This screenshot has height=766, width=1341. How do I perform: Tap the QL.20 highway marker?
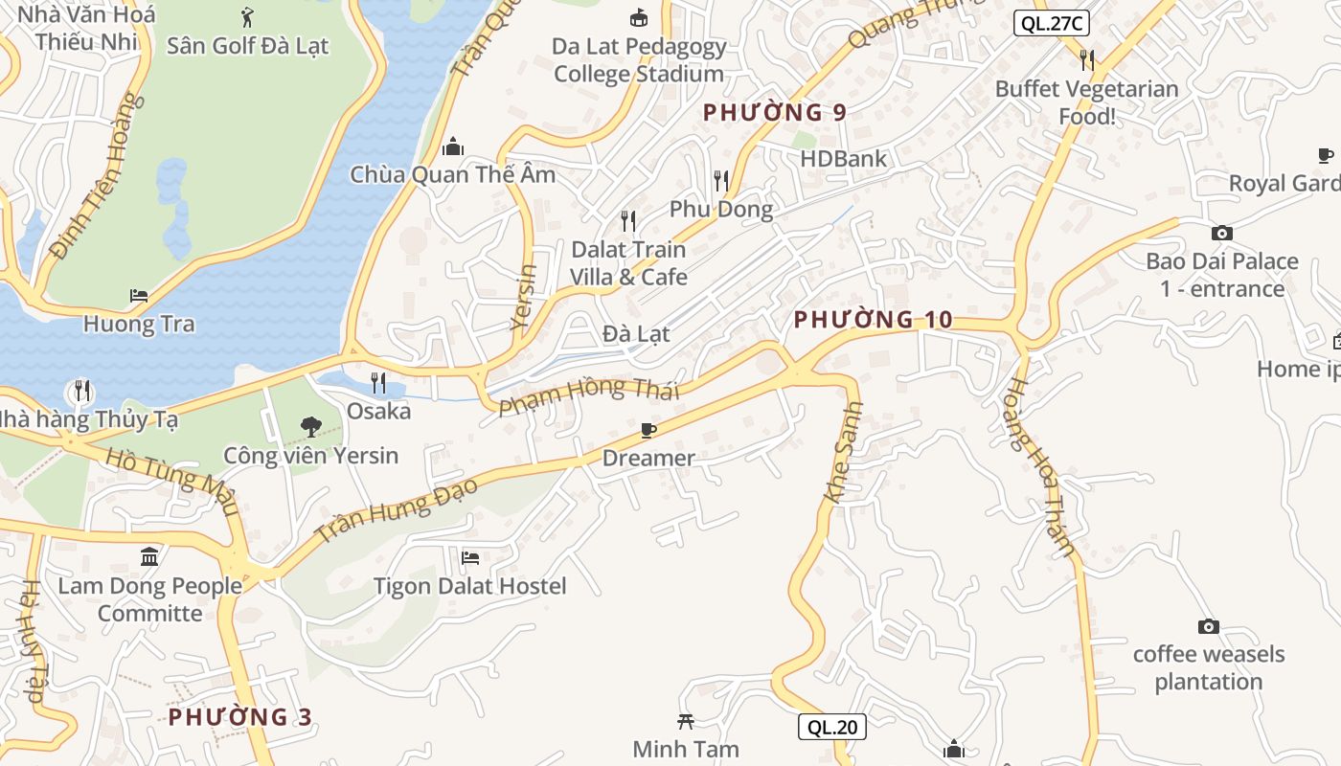[832, 727]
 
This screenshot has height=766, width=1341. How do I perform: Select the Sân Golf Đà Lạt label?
[247, 45]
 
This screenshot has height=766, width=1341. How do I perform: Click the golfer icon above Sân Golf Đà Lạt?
[247, 16]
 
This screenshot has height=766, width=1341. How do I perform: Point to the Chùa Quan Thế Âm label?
[452, 174]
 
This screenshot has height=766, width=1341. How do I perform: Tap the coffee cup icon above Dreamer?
[648, 431]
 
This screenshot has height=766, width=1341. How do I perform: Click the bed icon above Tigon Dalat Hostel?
[470, 557]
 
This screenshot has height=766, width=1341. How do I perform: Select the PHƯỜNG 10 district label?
[874, 320]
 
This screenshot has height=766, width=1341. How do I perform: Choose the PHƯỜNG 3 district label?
[240, 716]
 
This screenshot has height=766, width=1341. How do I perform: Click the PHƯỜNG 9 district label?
[775, 112]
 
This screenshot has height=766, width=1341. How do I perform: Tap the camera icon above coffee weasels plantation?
[1209, 626]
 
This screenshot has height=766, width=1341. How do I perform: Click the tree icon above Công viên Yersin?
[310, 426]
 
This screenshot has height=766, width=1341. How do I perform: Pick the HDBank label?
[844, 158]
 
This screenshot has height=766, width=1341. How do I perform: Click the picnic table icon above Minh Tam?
[686, 721]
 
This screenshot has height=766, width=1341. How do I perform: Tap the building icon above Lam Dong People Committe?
[149, 556]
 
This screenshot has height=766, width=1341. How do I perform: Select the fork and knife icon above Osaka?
[378, 383]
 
